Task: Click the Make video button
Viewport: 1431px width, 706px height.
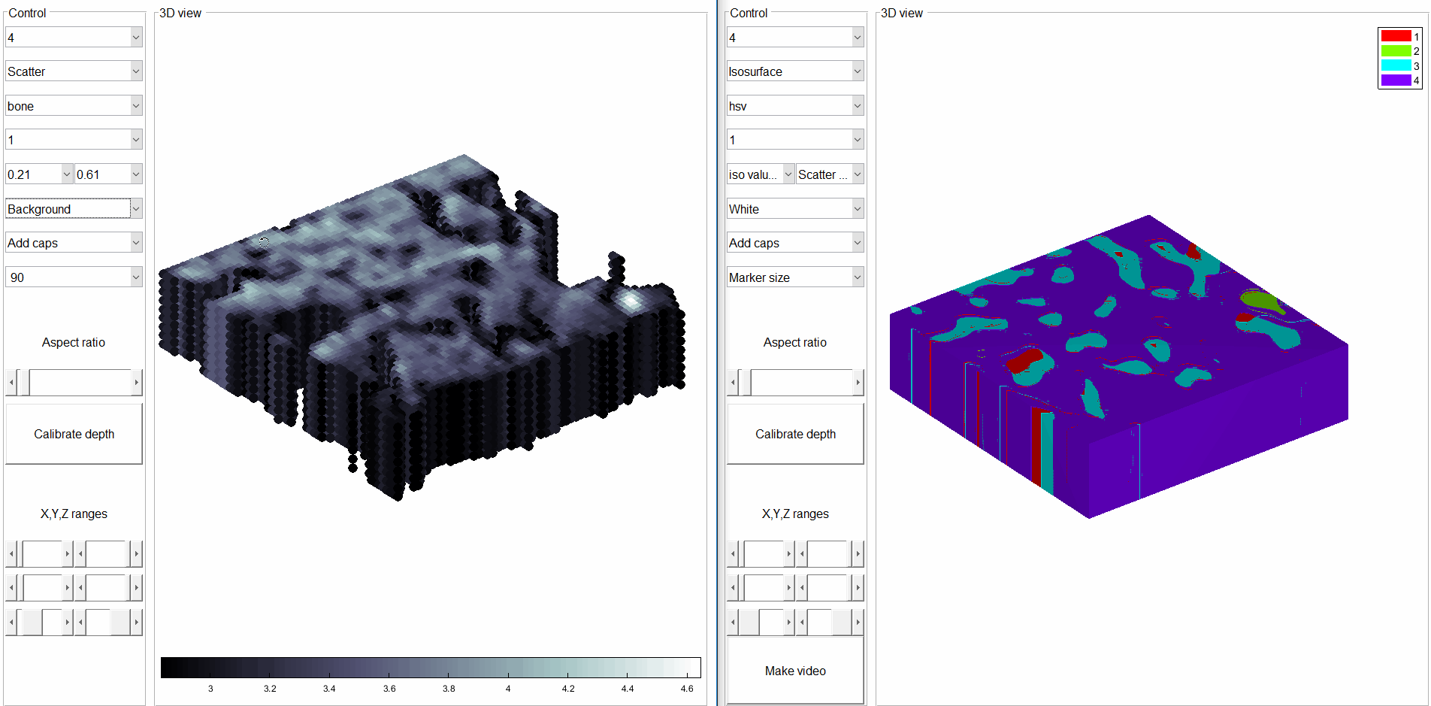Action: coord(795,671)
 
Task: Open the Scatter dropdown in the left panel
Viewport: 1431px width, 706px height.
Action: coord(73,71)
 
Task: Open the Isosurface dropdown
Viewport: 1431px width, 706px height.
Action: coord(794,71)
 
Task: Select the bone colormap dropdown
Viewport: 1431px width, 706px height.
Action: coord(73,106)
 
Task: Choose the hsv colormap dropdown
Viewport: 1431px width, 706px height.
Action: coord(794,106)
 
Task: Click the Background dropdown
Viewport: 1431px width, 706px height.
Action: coord(73,209)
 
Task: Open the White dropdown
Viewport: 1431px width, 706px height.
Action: coord(794,209)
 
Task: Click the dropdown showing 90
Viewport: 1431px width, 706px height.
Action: coord(73,277)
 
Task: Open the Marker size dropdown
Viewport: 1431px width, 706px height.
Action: coord(794,277)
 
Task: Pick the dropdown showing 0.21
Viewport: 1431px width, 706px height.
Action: coord(39,174)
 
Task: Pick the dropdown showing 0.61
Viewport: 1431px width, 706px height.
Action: coord(108,174)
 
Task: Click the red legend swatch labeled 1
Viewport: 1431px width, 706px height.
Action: coord(1396,36)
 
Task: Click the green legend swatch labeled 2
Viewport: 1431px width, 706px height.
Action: coord(1396,51)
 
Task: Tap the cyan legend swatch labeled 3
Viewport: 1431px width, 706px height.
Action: coord(1396,65)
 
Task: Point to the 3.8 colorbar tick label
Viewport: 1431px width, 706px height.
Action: coord(449,688)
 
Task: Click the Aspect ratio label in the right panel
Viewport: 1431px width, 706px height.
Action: coord(794,342)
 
